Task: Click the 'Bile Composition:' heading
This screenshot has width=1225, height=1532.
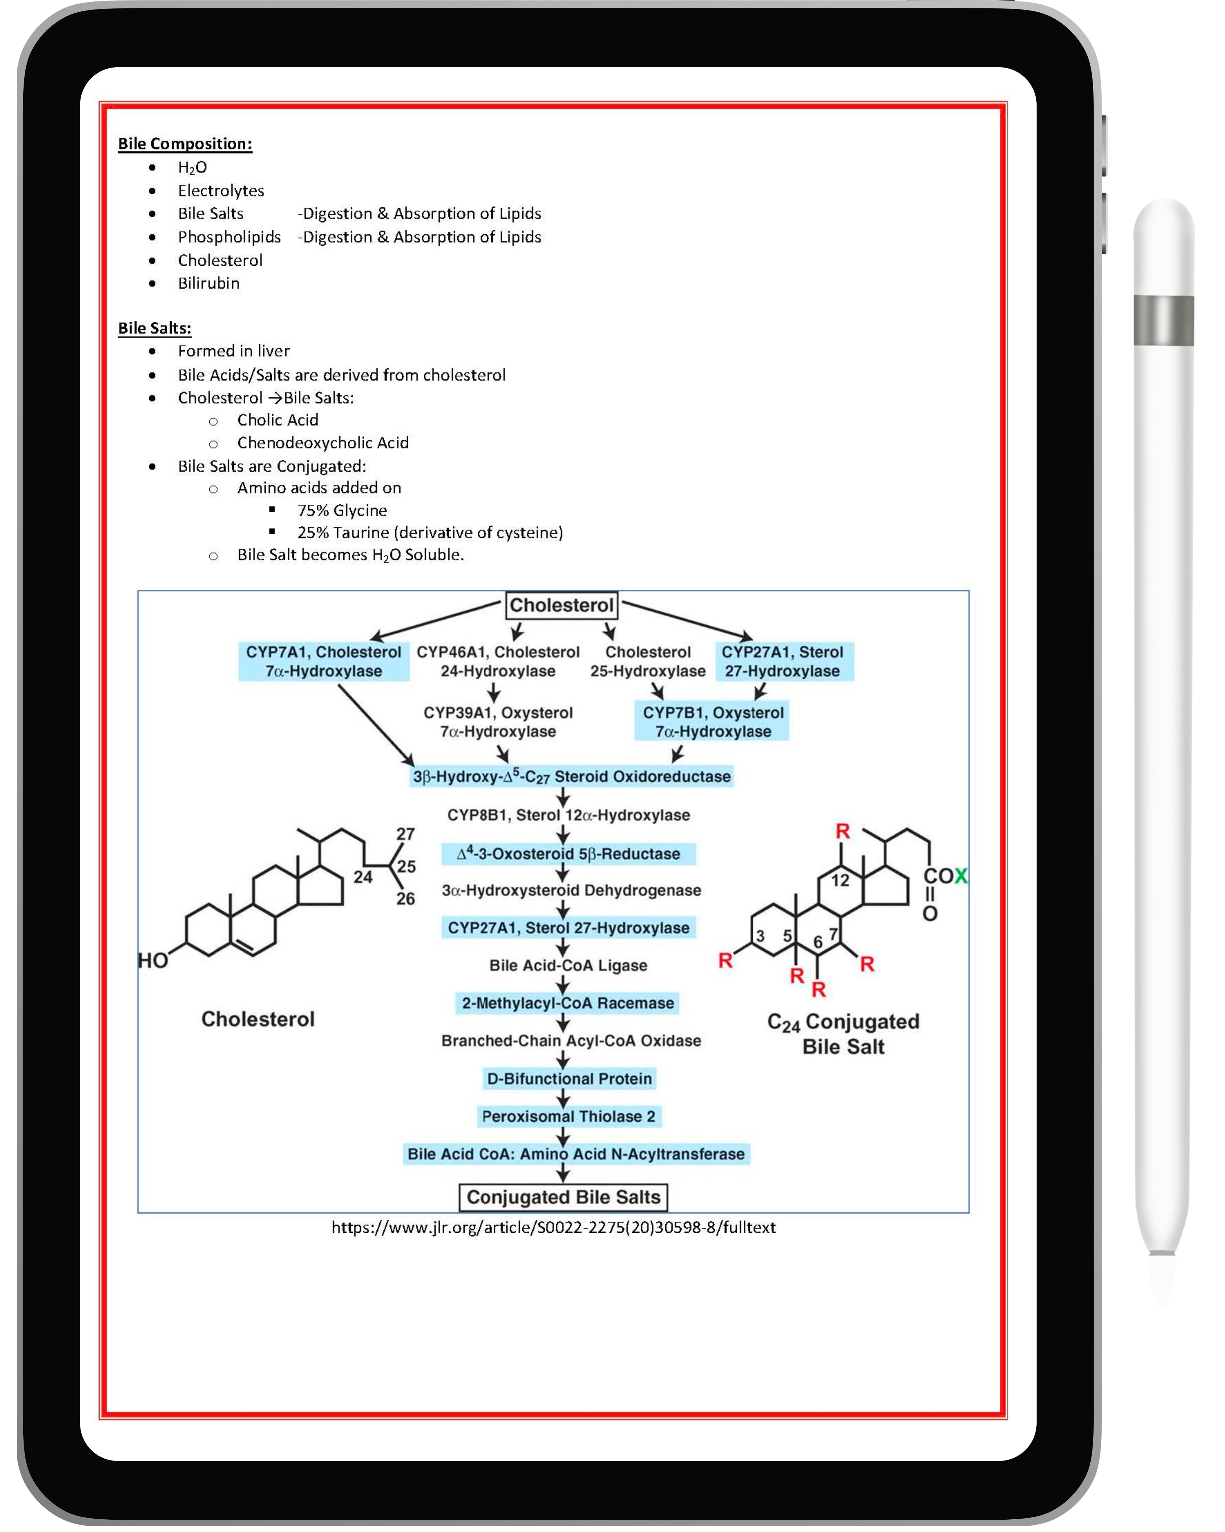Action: [x=185, y=143]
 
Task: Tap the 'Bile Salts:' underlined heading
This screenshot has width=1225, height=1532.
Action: [x=154, y=328]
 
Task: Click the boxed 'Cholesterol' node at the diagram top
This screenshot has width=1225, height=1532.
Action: [x=561, y=605]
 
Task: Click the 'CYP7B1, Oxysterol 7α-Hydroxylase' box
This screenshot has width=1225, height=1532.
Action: [x=712, y=722]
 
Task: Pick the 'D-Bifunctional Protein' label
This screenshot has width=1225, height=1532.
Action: [x=569, y=1079]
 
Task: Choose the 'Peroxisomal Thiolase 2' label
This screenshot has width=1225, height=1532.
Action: [x=568, y=1116]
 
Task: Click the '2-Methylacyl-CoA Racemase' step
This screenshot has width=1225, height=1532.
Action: [x=567, y=1003]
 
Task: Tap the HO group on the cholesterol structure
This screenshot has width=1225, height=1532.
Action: [x=153, y=961]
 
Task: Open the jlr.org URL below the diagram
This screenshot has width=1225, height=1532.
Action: [x=553, y=1228]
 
